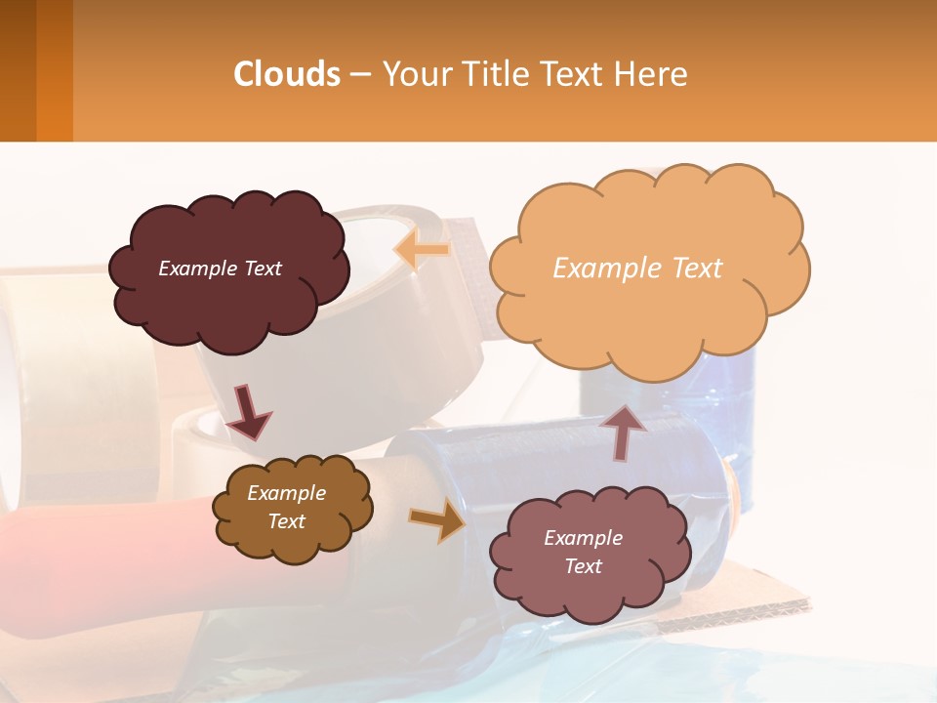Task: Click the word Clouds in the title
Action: click(287, 74)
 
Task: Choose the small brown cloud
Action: click(293, 542)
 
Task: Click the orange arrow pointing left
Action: click(422, 251)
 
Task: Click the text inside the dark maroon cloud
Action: click(220, 269)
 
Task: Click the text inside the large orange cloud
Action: click(637, 269)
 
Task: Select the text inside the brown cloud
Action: click(286, 507)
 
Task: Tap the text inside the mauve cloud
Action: click(583, 552)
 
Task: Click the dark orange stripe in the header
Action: click(55, 70)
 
